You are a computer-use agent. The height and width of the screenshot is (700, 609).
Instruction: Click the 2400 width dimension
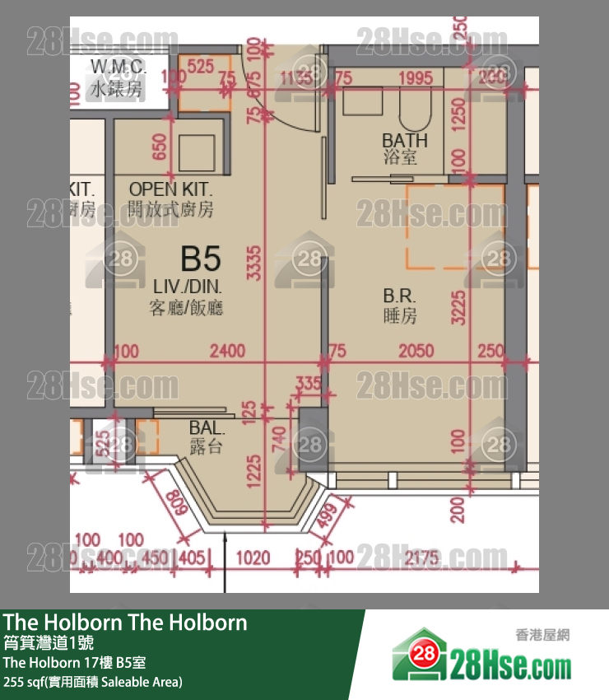click(x=227, y=352)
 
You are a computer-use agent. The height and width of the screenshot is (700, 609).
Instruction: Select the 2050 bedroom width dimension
click(x=416, y=352)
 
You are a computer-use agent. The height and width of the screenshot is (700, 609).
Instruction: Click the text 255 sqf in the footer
click(x=25, y=682)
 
